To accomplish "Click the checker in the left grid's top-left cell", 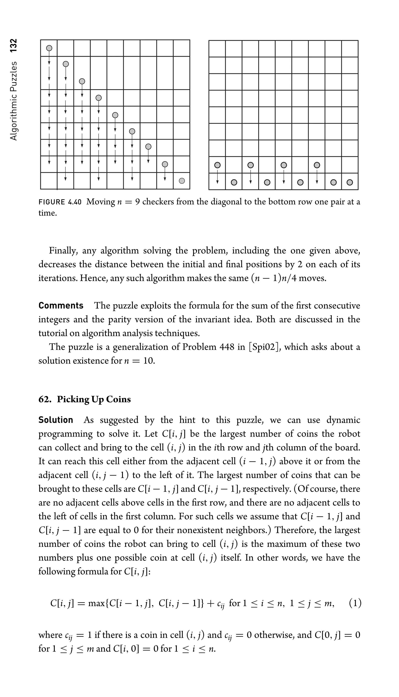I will [x=49, y=48].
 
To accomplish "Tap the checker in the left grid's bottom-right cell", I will [x=182, y=181].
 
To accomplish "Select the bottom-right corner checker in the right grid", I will [x=350, y=182].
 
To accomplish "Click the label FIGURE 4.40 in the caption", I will [x=60, y=202].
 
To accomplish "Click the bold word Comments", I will [x=61, y=306].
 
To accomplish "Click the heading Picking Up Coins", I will [x=94, y=399].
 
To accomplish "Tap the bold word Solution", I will [x=56, y=420].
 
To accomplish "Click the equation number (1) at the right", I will [x=355, y=603].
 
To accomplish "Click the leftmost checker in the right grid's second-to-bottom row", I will [x=217, y=165].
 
